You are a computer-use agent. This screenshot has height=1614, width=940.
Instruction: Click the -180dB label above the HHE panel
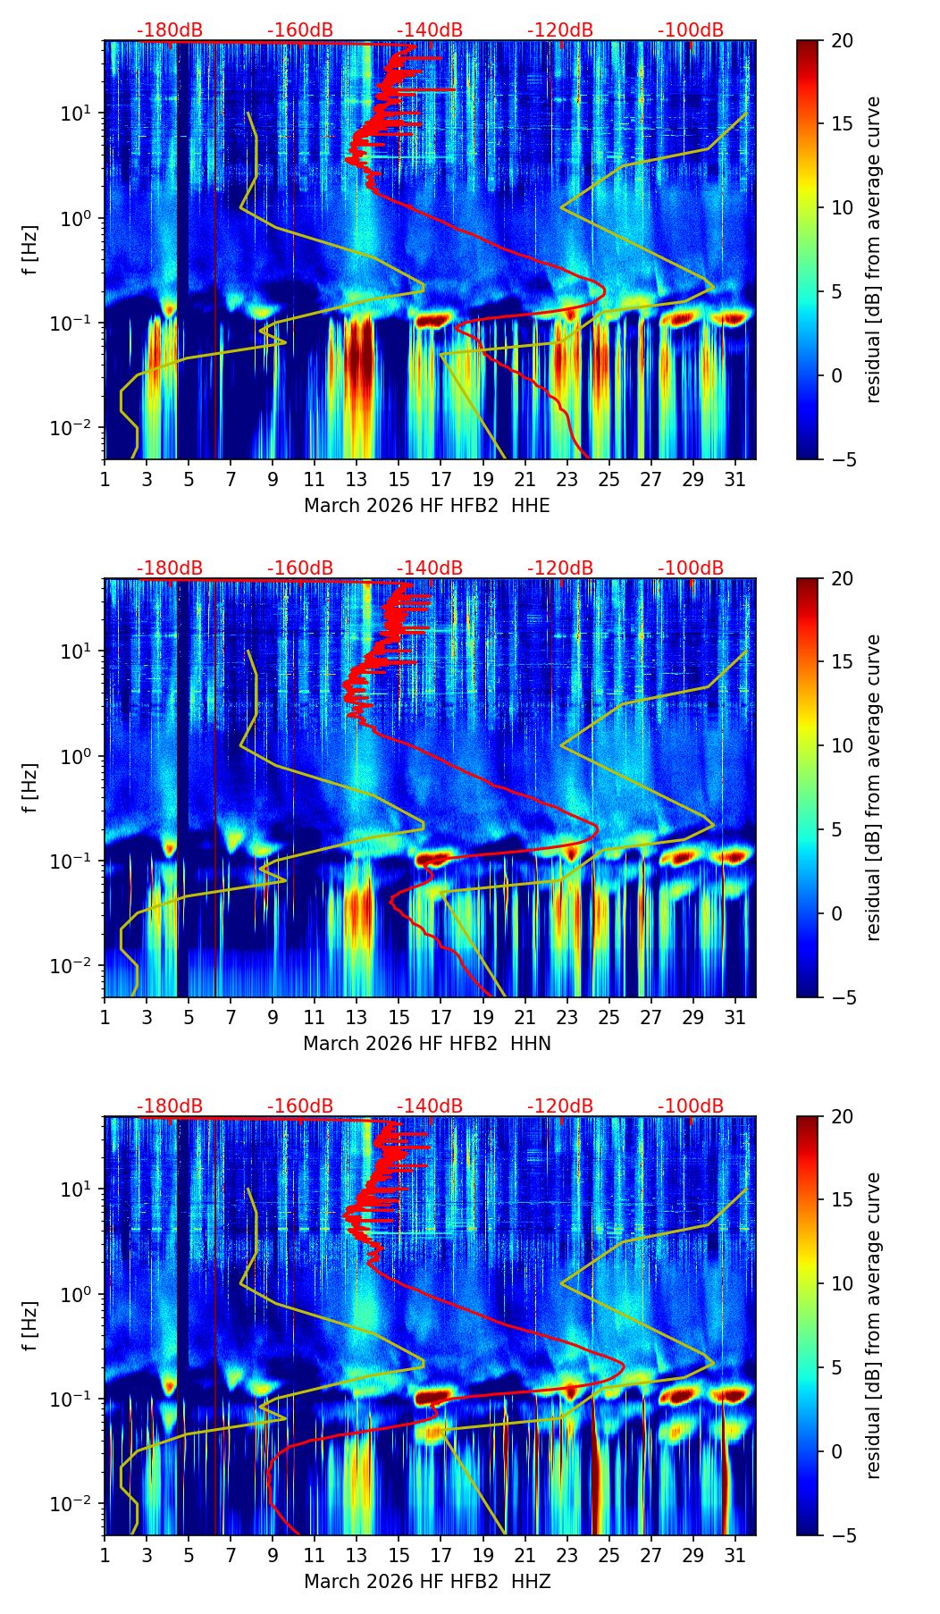(x=170, y=30)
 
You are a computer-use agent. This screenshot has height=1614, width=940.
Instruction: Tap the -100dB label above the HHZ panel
(x=691, y=1106)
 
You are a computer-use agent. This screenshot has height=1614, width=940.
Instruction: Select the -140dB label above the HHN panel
(x=430, y=568)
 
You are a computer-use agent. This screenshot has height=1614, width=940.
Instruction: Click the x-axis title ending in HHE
(x=426, y=506)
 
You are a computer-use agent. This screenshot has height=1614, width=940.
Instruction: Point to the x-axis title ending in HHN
(x=426, y=1044)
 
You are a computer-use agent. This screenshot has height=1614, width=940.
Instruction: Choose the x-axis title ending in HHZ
(x=426, y=1582)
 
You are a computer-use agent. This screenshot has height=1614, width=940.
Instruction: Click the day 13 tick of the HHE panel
(x=357, y=479)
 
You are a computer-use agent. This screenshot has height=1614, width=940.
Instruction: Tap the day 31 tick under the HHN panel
(x=734, y=1017)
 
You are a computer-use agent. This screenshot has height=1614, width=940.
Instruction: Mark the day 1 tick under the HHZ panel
(x=105, y=1555)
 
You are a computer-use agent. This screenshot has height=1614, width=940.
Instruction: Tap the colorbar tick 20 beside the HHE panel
(x=842, y=41)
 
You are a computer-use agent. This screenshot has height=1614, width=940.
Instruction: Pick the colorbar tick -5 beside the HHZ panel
(x=840, y=1535)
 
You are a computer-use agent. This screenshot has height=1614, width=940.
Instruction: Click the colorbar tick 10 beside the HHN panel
(x=842, y=745)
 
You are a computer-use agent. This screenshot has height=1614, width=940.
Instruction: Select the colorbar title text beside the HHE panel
(x=873, y=249)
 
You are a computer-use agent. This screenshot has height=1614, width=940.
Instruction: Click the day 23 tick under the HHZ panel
(x=567, y=1555)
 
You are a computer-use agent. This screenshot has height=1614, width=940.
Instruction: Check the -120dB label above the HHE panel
(x=560, y=30)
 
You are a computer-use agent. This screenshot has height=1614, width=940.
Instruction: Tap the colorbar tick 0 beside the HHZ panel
(x=836, y=1451)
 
